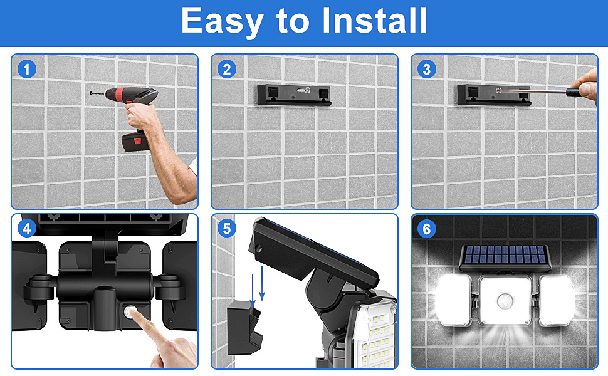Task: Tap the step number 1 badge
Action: (27, 69)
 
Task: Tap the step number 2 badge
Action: (227, 69)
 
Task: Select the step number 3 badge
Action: (427, 69)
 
